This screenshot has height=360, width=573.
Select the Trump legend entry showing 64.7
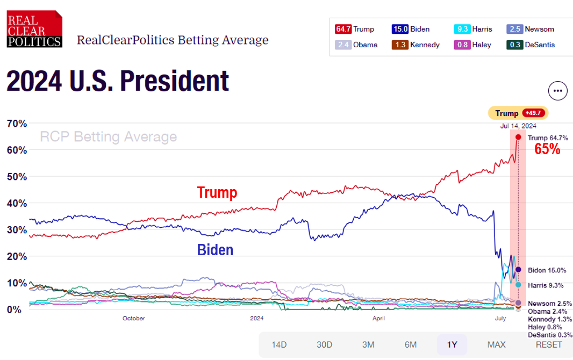pyautogui.click(x=355, y=29)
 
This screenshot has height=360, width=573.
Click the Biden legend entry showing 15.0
pyautogui.click(x=411, y=29)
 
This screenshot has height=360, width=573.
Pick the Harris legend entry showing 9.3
pyautogui.click(x=473, y=29)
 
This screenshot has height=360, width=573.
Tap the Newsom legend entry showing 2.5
pyautogui.click(x=531, y=29)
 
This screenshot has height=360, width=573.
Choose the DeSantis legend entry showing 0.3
pyautogui.click(x=532, y=45)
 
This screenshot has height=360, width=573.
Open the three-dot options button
pyautogui.click(x=557, y=91)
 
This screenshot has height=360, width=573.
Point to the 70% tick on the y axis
pyautogui.click(x=16, y=124)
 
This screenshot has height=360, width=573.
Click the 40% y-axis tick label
pyautogui.click(x=16, y=203)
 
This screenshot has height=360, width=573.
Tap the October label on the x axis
pyautogui.click(x=133, y=319)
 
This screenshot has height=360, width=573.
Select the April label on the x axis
pyautogui.click(x=378, y=319)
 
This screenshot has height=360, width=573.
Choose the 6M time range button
pyautogui.click(x=411, y=344)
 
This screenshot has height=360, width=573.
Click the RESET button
pyautogui.click(x=548, y=344)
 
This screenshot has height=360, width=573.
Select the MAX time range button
pyautogui.click(x=496, y=344)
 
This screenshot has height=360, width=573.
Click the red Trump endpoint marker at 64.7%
pyautogui.click(x=518, y=137)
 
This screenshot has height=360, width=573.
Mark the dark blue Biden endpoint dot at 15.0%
pyautogui.click(x=518, y=270)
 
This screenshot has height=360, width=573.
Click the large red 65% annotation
pyautogui.click(x=547, y=150)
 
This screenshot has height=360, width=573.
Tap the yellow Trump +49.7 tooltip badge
pyautogui.click(x=518, y=113)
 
